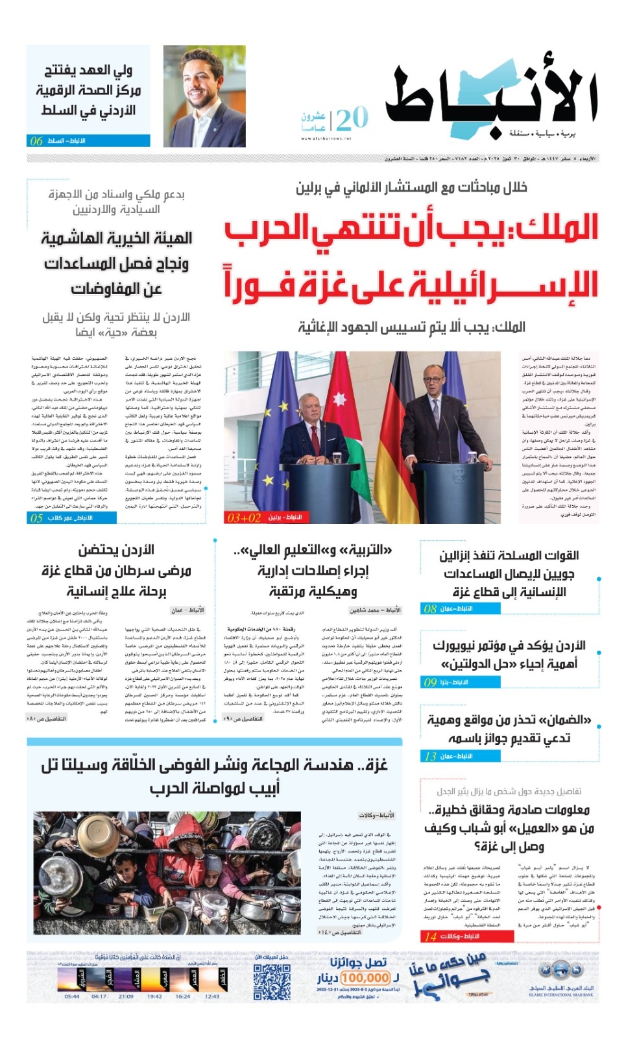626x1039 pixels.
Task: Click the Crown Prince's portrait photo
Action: click(204, 96)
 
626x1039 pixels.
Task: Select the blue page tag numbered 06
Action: click(88, 141)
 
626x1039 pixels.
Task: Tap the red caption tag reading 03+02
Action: click(265, 518)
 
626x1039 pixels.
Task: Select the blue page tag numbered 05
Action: click(72, 518)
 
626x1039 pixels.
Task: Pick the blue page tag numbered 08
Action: click(460, 608)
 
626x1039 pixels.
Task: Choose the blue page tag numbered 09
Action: click(460, 682)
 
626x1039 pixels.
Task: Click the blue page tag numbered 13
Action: click(460, 756)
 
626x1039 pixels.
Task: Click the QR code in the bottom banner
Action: click(271, 982)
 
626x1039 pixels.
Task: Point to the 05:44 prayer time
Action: click(72, 996)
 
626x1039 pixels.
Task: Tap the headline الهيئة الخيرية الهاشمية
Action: click(117, 238)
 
